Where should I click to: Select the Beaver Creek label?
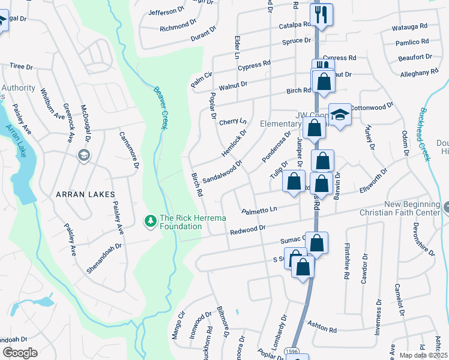click(x=158, y=106)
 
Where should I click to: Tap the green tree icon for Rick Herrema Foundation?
click(x=150, y=222)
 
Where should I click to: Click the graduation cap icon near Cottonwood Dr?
click(x=340, y=116)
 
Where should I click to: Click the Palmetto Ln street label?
click(x=260, y=211)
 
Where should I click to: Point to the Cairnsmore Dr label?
click(x=128, y=151)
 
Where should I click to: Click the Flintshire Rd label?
click(x=346, y=262)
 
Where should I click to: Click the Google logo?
click(x=20, y=353)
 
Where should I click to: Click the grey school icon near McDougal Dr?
click(x=84, y=155)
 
